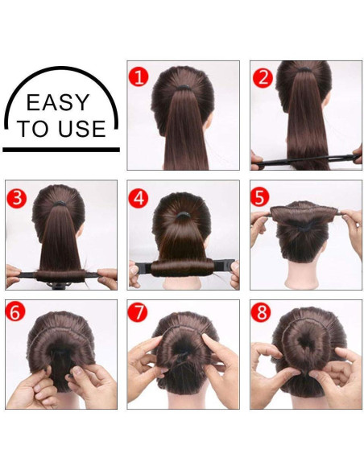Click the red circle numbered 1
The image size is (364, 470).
pos(139,76)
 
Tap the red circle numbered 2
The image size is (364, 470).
pos(263,78)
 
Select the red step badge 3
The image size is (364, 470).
pos(17,198)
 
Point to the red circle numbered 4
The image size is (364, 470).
pos(139,198)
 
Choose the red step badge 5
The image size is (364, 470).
pos(259,196)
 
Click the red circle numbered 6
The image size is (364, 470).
pos(15,311)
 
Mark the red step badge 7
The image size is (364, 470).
pos(138,311)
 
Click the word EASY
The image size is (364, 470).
pos(58,102)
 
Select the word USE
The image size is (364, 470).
pos(82,129)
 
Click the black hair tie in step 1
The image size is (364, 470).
pos(183,87)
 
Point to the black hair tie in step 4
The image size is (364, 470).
pos(183,215)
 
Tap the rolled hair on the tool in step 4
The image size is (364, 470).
pos(183,268)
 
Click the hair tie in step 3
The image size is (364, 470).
pos(60,204)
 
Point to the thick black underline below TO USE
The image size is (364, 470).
pos(61,150)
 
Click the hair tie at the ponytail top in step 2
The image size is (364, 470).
pos(304,69)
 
